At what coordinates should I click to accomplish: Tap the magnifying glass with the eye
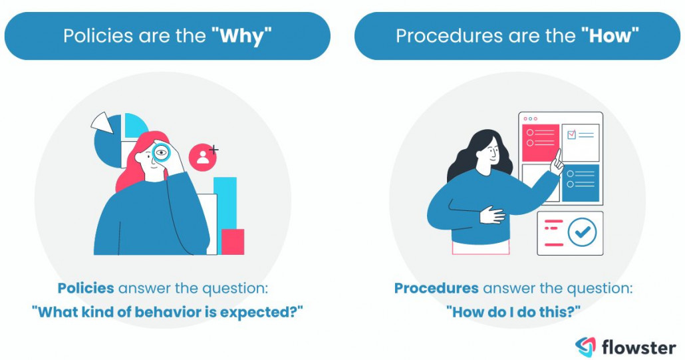[160, 153]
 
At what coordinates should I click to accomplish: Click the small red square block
[232, 242]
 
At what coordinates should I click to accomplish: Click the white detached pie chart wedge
[102, 121]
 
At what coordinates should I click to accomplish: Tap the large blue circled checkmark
[583, 232]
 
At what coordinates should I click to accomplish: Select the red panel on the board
[539, 142]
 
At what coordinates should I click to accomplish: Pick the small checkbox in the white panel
[571, 134]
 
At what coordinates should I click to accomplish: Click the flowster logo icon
[585, 347]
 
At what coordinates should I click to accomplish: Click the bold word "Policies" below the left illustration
[86, 288]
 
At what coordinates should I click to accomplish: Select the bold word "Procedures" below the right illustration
[436, 288]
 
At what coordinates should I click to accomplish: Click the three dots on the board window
[531, 118]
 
